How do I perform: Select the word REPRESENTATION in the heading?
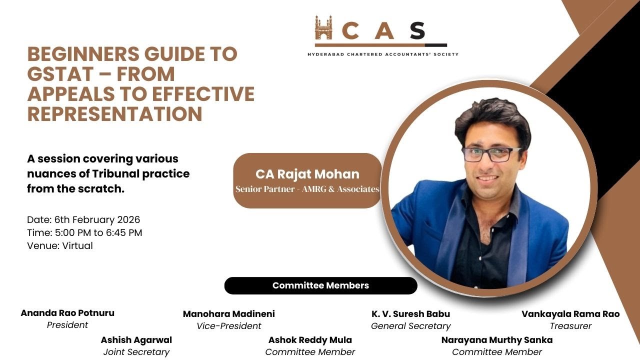pyautogui.click(x=114, y=114)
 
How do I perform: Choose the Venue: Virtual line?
pyautogui.click(x=60, y=245)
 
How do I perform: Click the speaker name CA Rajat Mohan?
pyautogui.click(x=307, y=174)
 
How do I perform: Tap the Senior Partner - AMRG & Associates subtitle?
pyautogui.click(x=307, y=189)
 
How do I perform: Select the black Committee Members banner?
pyautogui.click(x=320, y=285)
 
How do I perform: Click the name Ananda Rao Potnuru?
pyautogui.click(x=67, y=313)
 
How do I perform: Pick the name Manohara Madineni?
pyautogui.click(x=229, y=314)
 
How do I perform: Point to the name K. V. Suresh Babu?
pyautogui.click(x=410, y=314)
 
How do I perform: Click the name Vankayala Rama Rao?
pyautogui.click(x=570, y=314)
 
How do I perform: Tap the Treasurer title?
pyautogui.click(x=570, y=326)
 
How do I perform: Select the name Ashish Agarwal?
pyautogui.click(x=136, y=340)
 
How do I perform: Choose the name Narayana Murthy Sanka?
pyautogui.click(x=497, y=340)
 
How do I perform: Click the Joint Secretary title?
pyautogui.click(x=136, y=352)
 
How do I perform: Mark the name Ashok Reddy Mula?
pyautogui.click(x=310, y=340)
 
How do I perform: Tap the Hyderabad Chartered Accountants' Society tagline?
pyautogui.click(x=382, y=54)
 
